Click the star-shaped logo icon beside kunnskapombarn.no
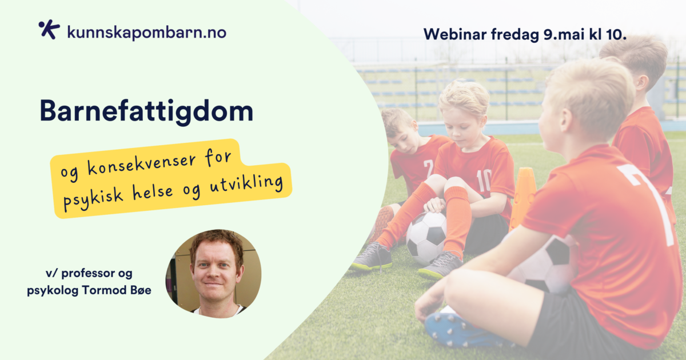tap(49, 30)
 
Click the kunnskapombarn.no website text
tap(146, 32)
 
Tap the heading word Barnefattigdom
tap(146, 111)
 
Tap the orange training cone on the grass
tap(523, 198)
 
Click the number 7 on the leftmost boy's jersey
tap(428, 169)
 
